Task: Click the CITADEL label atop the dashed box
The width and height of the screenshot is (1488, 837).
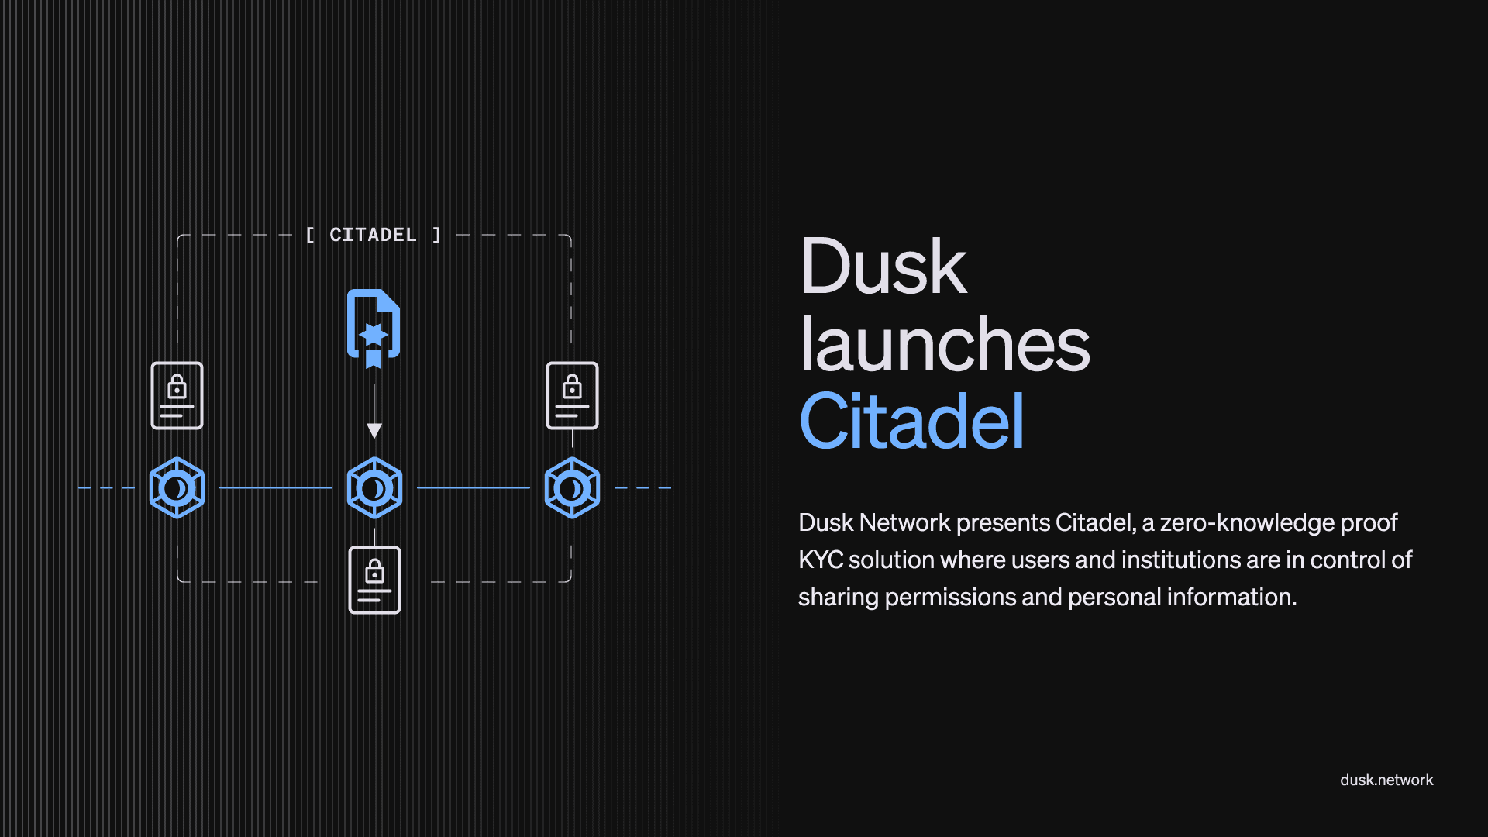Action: coord(373,235)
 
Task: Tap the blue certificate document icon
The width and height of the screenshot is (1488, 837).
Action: coord(374,325)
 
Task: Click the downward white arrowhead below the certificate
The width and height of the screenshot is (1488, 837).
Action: coord(374,430)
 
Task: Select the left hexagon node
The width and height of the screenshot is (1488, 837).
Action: coord(177,488)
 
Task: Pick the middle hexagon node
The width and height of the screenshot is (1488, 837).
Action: coord(374,488)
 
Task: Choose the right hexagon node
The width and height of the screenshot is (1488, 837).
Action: coord(572,488)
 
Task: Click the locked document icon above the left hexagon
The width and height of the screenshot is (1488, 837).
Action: coord(177,395)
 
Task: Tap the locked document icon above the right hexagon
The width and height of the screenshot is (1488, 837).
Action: coord(572,395)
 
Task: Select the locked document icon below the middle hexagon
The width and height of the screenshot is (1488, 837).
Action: coord(374,580)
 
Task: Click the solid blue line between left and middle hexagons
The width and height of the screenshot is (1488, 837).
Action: coord(275,488)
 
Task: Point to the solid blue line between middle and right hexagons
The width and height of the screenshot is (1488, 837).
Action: coord(473,488)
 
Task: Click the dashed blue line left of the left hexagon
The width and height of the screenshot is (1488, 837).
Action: coord(106,488)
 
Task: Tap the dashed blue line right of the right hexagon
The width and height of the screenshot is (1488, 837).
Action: coord(642,488)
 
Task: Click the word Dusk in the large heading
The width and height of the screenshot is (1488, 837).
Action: coord(883,267)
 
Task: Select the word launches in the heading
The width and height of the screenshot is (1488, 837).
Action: coord(945,345)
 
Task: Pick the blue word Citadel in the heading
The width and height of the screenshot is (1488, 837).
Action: coord(911,422)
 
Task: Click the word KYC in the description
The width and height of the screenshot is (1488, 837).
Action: coord(820,560)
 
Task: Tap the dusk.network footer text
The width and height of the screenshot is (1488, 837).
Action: coord(1386,780)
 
